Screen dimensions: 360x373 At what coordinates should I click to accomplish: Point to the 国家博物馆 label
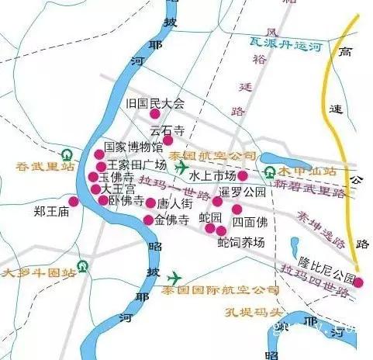coord(133,146)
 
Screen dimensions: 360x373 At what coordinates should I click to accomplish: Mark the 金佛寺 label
coord(172,220)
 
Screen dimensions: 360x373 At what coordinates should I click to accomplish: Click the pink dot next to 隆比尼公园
coord(358,282)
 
